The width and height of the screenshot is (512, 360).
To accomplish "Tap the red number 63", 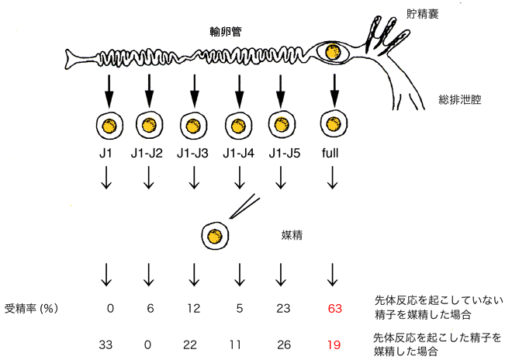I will click(335, 307).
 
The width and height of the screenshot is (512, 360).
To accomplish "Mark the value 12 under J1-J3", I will click(193, 307).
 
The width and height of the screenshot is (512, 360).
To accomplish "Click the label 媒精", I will click(291, 233).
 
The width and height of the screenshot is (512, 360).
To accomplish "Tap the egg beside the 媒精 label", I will click(216, 234).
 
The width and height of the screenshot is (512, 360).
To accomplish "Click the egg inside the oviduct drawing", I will click(334, 53).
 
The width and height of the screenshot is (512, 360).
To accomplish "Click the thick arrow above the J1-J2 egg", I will click(150, 89).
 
